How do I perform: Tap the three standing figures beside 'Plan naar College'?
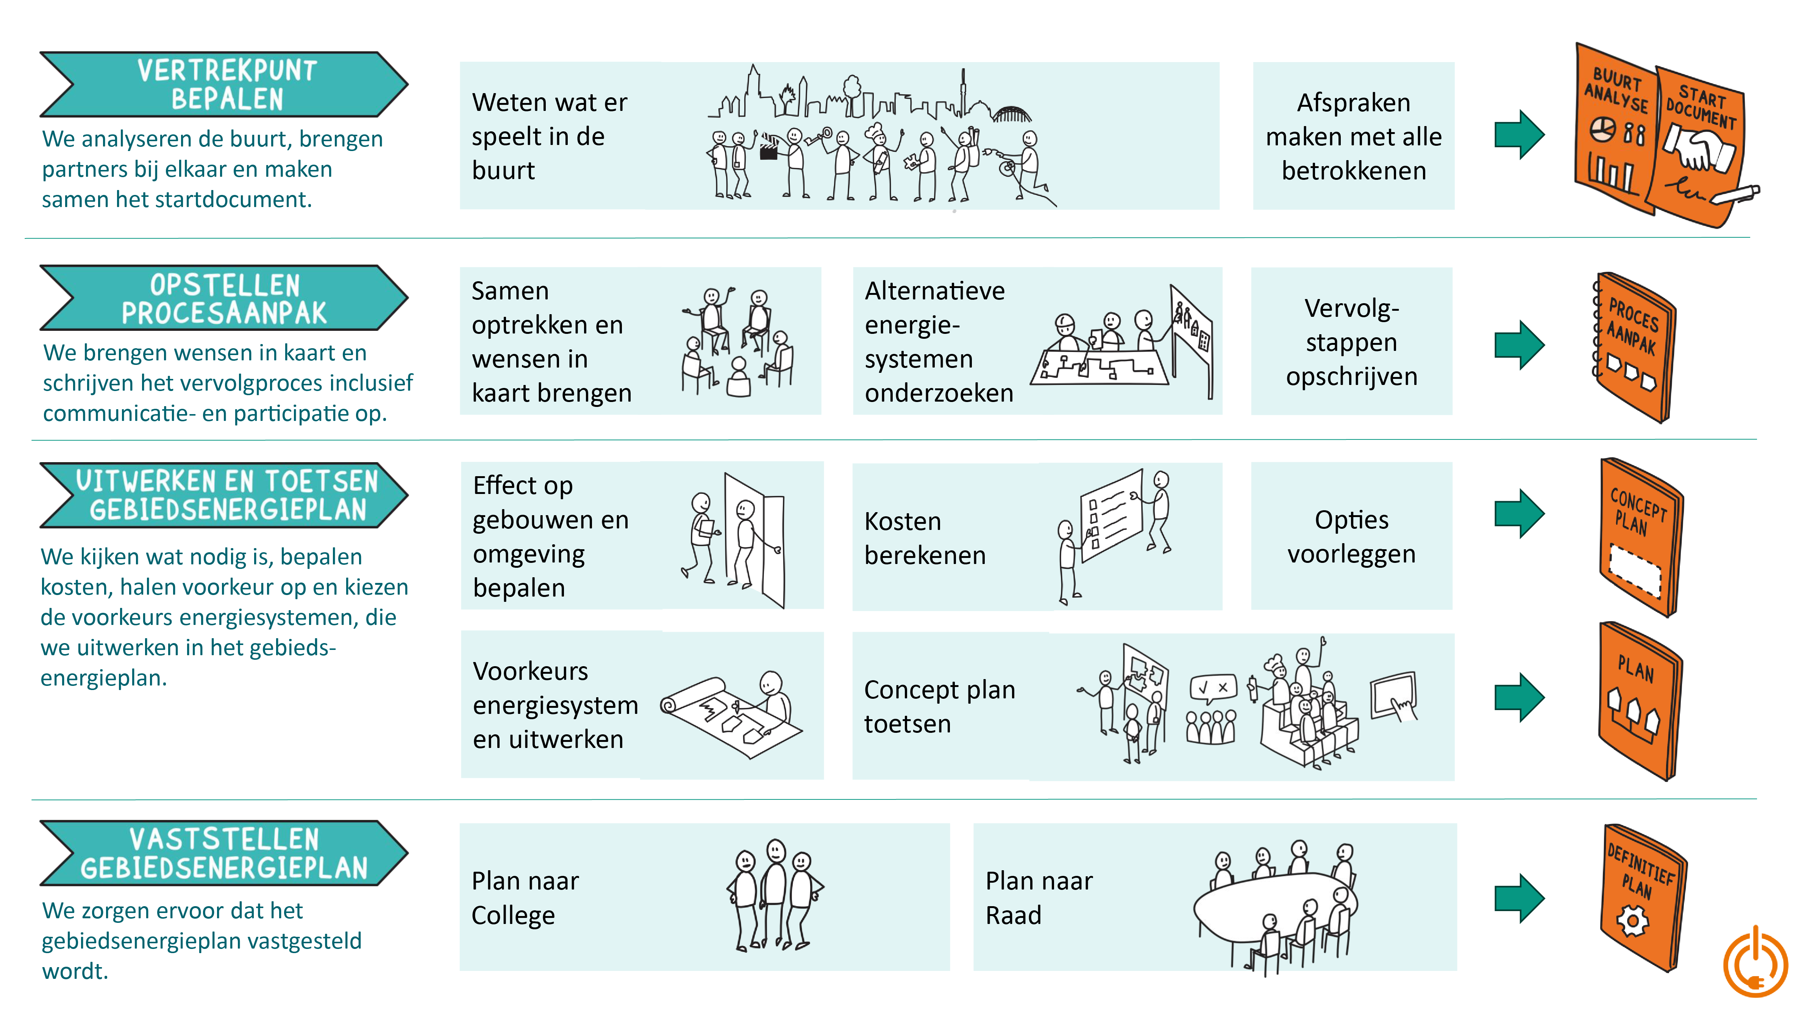click(774, 894)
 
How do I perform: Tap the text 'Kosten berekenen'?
click(925, 538)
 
